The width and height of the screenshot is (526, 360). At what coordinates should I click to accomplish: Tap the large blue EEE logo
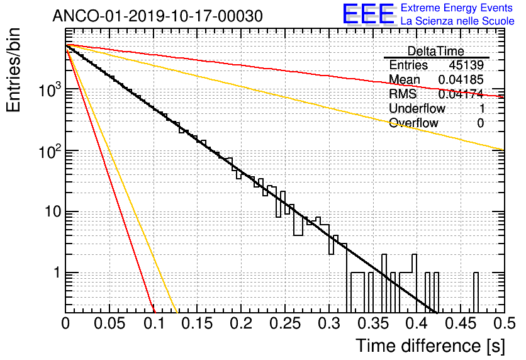click(x=368, y=16)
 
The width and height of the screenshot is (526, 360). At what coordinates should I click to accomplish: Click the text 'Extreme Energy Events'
click(x=457, y=8)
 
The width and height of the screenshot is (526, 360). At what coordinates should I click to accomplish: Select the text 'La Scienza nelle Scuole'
click(x=457, y=21)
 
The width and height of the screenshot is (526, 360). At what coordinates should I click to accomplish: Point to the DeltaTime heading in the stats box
click(x=436, y=51)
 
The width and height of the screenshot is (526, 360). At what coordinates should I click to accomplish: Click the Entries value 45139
click(x=466, y=65)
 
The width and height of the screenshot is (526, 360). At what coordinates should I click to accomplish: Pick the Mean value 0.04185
click(x=461, y=80)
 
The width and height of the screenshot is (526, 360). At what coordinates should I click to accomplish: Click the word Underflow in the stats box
click(x=417, y=109)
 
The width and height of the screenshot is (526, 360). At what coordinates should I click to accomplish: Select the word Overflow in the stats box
click(x=413, y=123)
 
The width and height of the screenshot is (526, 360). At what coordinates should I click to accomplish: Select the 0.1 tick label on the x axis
click(x=154, y=323)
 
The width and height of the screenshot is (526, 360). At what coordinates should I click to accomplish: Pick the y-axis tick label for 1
click(x=55, y=274)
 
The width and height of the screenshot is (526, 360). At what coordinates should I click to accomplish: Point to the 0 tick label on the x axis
click(x=66, y=323)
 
